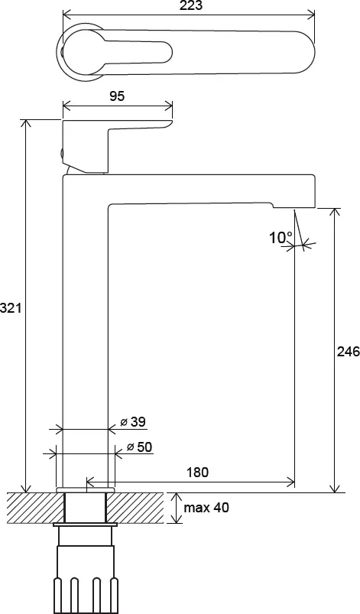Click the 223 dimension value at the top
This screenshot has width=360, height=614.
pyautogui.click(x=192, y=5)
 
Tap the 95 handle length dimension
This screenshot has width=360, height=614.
pyautogui.click(x=117, y=96)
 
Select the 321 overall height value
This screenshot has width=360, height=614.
pyautogui.click(x=10, y=308)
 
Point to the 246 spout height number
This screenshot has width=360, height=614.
pyautogui.click(x=349, y=352)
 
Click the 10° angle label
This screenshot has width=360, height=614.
pyautogui.click(x=281, y=237)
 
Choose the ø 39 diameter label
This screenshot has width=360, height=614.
pyautogui.click(x=133, y=422)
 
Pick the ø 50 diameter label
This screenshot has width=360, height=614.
pyautogui.click(x=140, y=447)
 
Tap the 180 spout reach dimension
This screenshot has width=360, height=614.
pyautogui.click(x=198, y=473)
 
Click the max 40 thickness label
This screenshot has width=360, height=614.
pyautogui.click(x=206, y=508)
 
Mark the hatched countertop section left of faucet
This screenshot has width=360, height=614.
pyautogui.click(x=35, y=508)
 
